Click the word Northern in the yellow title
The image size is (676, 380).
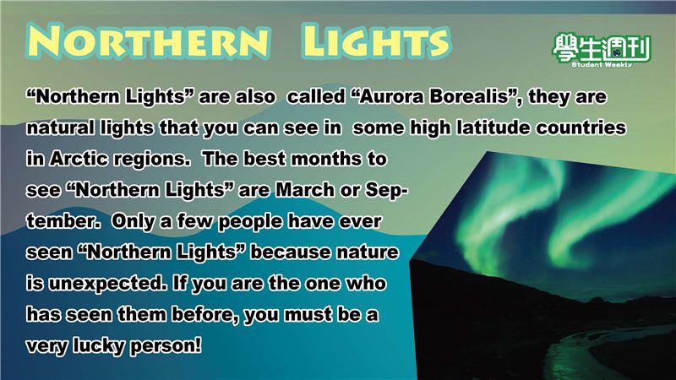coord(150,41)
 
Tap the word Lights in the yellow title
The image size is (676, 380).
coord(375,41)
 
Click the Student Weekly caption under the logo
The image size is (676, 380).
coord(602,65)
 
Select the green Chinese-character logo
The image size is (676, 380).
coord(602,47)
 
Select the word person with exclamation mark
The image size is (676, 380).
coord(166,346)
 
